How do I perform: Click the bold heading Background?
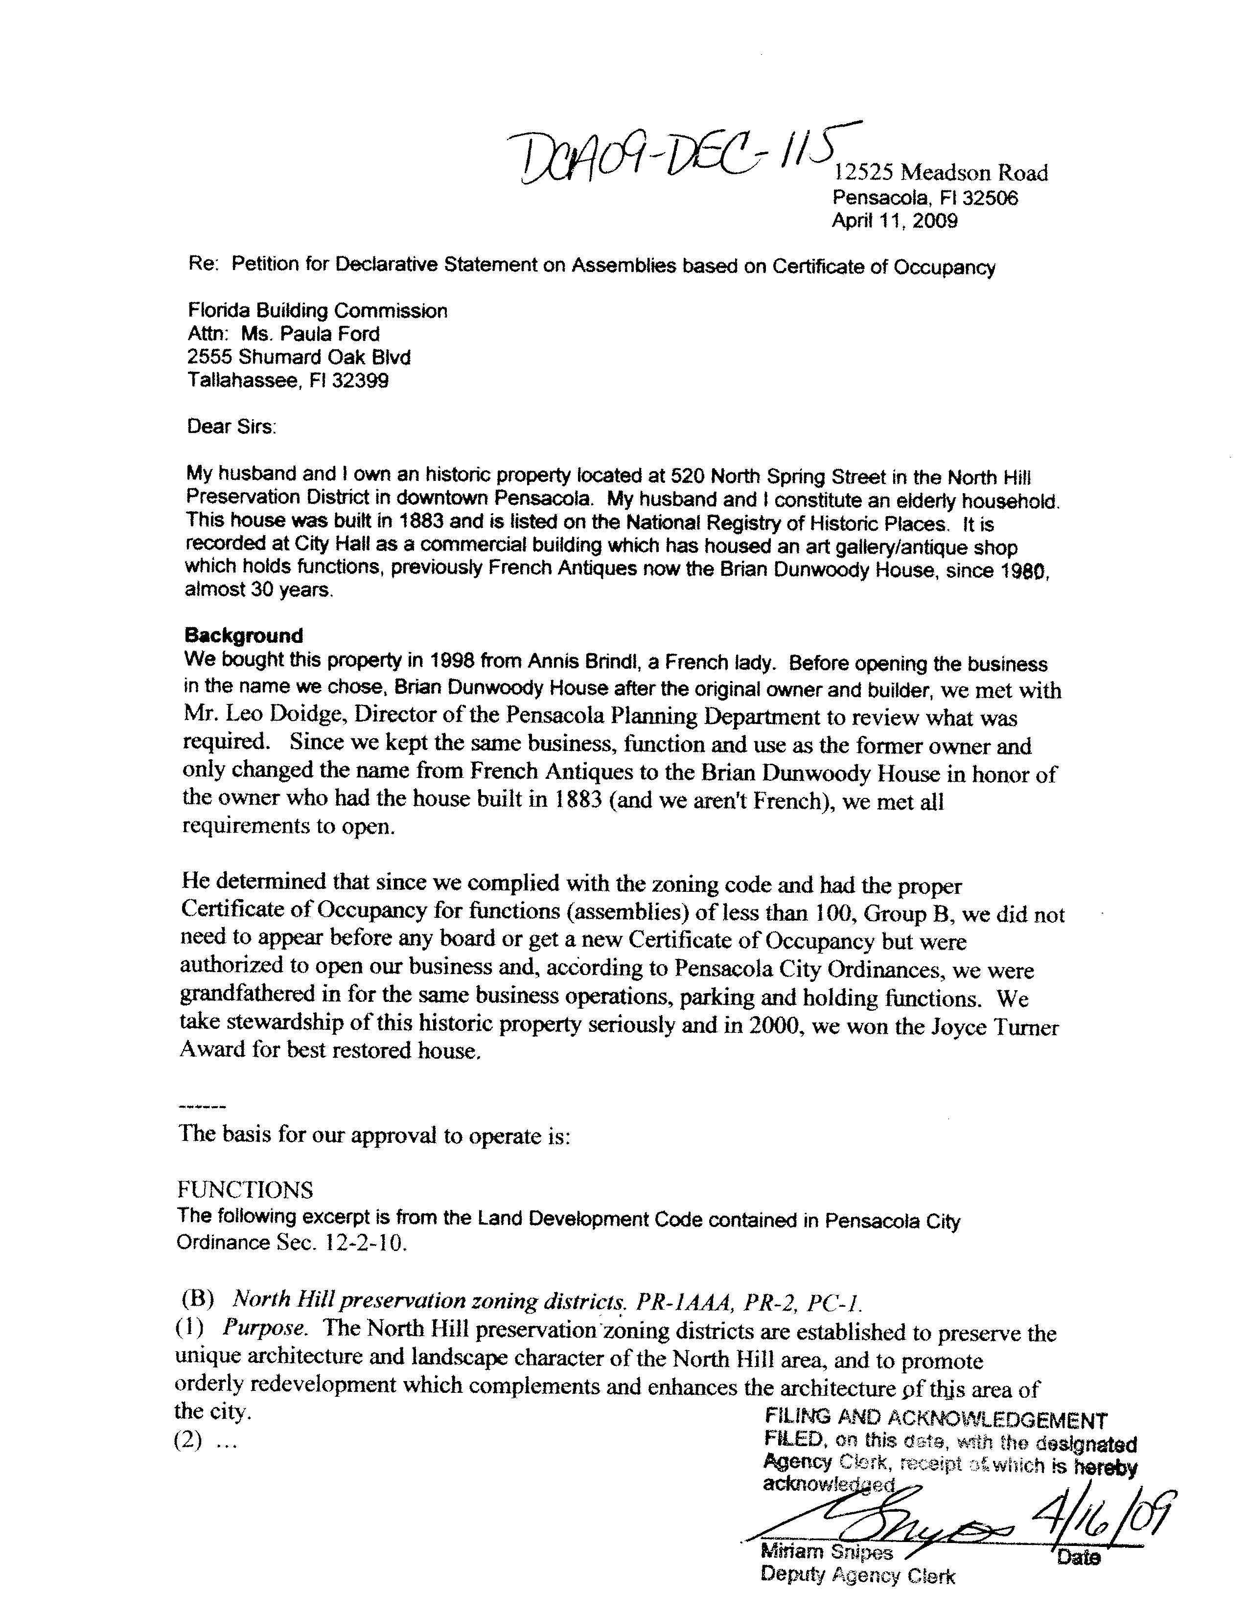(244, 636)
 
